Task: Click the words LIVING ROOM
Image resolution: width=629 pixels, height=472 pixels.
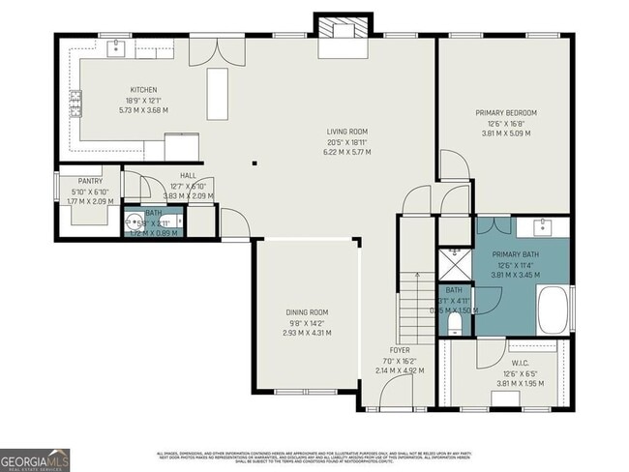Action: tap(345, 132)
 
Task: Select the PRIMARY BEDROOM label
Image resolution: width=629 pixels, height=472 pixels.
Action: tap(505, 113)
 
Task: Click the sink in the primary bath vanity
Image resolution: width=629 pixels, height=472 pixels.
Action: tap(542, 228)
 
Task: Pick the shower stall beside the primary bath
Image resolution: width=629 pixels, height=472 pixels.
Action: tap(453, 264)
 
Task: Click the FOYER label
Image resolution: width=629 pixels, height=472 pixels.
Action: tap(400, 349)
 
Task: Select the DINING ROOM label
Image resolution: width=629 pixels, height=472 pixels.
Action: tap(307, 311)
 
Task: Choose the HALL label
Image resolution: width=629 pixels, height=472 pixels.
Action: tap(188, 175)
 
